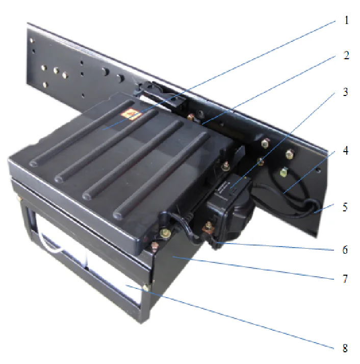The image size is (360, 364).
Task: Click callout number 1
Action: click(346, 22)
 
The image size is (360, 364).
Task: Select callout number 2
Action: click(346, 55)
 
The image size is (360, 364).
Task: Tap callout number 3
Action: click(346, 92)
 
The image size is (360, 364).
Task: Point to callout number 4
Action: click(346, 151)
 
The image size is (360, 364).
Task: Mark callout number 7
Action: click(346, 279)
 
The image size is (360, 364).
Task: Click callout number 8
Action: click(346, 349)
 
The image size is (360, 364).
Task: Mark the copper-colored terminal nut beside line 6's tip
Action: click(209, 225)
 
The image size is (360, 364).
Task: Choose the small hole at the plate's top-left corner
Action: click(32, 39)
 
